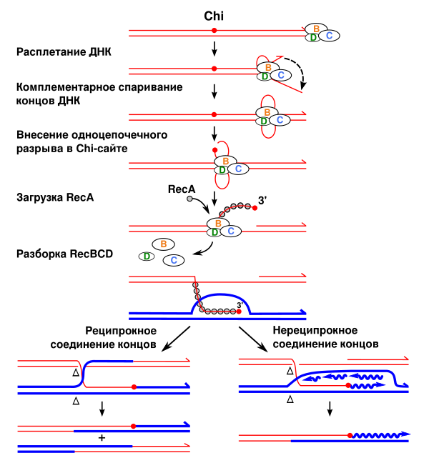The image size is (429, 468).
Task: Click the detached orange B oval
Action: point(163,244)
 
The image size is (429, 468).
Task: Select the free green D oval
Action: point(147,257)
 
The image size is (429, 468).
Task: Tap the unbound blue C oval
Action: point(174,260)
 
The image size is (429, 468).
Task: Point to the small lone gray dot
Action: point(189,199)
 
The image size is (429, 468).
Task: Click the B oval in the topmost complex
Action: point(316,29)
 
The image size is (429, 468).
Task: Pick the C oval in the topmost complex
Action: point(329,36)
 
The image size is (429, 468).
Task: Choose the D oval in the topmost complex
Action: point(312,38)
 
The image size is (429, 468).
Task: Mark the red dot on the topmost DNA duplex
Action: point(214,31)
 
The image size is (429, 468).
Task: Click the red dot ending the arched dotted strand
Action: point(255,208)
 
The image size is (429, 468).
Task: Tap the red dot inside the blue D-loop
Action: point(239,312)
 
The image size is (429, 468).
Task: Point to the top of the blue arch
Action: point(222,294)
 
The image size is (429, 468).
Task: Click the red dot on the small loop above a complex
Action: point(214,150)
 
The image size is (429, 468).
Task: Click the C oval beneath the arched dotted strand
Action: point(230,231)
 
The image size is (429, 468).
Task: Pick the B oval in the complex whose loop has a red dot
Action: point(225,161)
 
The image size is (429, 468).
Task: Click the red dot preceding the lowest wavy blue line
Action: point(350,435)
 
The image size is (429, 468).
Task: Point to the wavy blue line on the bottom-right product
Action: point(379,434)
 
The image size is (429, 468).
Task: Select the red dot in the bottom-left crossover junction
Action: point(134,387)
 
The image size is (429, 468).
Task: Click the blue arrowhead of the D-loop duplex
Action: point(303,312)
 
